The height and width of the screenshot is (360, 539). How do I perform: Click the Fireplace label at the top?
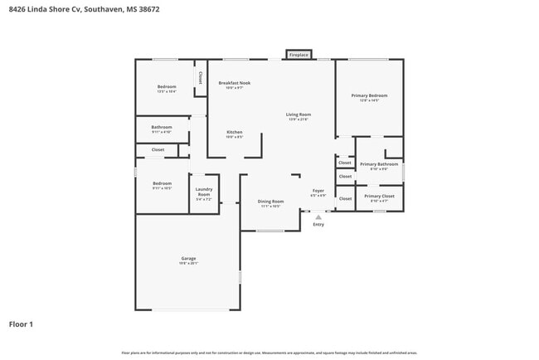[299, 55]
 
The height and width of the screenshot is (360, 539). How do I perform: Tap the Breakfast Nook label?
[235, 83]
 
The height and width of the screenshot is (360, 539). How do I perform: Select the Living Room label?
[298, 114]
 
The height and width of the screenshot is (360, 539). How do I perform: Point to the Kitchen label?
[235, 132]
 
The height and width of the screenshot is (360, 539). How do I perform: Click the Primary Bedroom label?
[369, 95]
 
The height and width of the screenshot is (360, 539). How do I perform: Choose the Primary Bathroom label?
[380, 164]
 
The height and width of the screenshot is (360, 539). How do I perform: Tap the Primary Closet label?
[380, 196]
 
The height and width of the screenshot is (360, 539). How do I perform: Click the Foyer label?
[318, 191]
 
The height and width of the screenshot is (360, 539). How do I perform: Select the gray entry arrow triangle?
[318, 217]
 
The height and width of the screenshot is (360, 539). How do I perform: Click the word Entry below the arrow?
[318, 225]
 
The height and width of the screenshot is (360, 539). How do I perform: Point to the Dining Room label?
[270, 202]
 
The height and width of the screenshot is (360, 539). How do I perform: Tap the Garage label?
[189, 259]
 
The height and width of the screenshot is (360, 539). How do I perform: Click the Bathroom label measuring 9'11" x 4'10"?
[162, 127]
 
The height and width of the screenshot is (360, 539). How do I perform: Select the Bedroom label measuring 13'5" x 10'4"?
[167, 87]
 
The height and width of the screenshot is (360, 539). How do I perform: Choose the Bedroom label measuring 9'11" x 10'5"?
[162, 183]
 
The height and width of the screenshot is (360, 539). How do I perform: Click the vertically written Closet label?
[200, 77]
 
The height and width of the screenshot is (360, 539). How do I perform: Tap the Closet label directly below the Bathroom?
[158, 150]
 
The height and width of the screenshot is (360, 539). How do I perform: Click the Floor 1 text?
[21, 324]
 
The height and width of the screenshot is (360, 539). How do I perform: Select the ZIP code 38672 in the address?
[148, 9]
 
